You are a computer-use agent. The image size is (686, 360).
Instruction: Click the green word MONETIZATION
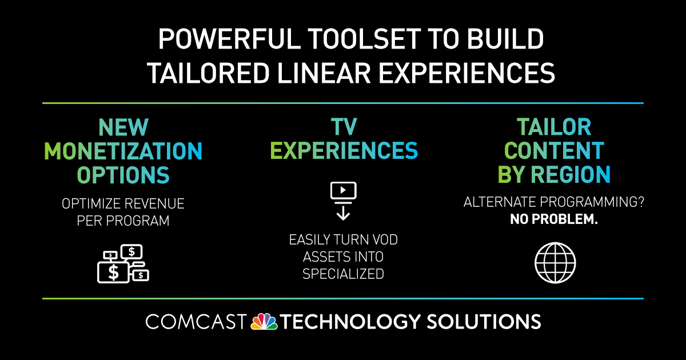click(x=123, y=151)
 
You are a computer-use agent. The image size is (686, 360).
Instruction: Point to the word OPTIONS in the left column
click(x=123, y=175)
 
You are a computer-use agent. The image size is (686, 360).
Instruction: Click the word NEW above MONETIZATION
click(x=123, y=127)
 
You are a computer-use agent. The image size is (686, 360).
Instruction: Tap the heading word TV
click(x=344, y=127)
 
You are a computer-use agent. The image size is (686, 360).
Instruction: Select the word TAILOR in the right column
click(x=554, y=127)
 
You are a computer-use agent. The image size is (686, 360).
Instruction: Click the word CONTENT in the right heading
click(x=554, y=151)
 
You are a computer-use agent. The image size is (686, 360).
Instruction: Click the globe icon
click(x=555, y=263)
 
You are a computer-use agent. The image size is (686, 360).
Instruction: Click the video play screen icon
click(x=344, y=191)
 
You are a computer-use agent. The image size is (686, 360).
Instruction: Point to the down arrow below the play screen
click(x=344, y=213)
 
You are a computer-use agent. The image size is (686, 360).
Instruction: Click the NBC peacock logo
click(x=264, y=321)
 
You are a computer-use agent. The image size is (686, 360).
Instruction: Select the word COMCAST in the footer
click(x=196, y=322)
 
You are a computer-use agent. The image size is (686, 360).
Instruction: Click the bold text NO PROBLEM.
click(x=554, y=219)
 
